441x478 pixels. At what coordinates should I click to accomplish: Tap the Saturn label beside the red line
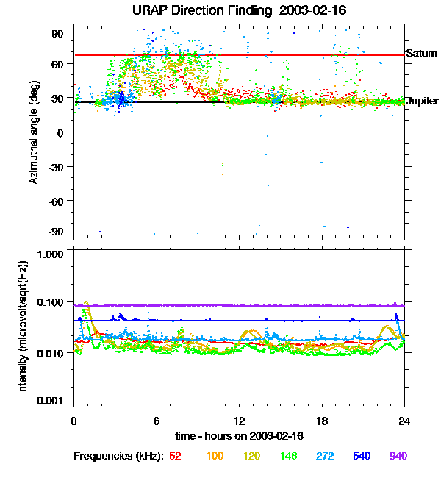point(421,54)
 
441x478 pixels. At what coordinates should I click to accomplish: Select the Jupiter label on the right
point(422,101)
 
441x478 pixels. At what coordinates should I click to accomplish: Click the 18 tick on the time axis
point(321,421)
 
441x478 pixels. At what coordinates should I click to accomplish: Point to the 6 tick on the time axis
point(157,421)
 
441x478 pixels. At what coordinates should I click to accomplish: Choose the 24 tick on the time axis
point(404,421)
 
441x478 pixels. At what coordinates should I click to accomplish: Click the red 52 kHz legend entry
point(176,457)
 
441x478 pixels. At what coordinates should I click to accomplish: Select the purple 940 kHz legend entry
point(398,457)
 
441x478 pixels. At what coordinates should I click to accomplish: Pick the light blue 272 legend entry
point(325,457)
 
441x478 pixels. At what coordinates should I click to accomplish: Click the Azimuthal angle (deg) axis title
point(35,132)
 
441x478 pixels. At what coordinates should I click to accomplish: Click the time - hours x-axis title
point(239,436)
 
